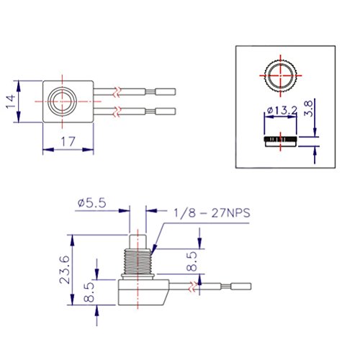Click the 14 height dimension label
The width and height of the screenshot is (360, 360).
tap(10, 102)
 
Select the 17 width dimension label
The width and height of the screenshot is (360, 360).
tap(68, 142)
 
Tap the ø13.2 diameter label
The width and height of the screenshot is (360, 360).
tap(282, 111)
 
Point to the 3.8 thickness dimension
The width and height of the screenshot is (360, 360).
tap(309, 109)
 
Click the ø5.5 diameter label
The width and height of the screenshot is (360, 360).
tap(91, 203)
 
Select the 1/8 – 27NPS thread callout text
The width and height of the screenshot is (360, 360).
tap(212, 213)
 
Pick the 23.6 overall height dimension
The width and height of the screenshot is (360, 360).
tap(65, 270)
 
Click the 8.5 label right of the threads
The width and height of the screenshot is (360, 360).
tap(192, 261)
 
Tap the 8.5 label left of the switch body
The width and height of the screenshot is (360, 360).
tap(89, 292)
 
